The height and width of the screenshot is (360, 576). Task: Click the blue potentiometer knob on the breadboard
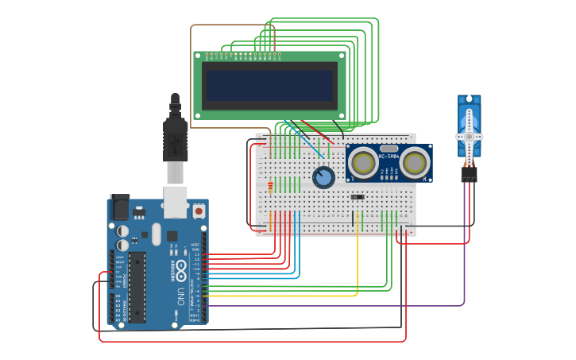[323, 177]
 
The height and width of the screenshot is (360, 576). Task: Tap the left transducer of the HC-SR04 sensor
[363, 163]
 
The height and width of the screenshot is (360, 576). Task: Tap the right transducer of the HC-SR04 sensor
[415, 163]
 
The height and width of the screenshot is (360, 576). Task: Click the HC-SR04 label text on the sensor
[389, 157]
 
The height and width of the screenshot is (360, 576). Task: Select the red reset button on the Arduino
[198, 211]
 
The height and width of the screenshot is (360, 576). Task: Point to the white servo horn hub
[469, 137]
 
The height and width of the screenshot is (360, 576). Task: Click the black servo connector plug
[469, 173]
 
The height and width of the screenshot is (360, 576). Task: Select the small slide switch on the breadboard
[358, 197]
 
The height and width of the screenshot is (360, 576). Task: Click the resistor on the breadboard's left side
[270, 188]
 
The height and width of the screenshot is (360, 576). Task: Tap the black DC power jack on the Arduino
[119, 207]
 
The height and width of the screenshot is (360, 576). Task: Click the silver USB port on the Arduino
[175, 203]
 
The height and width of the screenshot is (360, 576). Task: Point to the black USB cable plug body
[175, 139]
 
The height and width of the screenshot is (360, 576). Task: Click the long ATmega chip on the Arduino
[137, 287]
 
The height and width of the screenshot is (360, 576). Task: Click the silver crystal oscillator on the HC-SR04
[389, 148]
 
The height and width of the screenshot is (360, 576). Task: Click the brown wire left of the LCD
[191, 79]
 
